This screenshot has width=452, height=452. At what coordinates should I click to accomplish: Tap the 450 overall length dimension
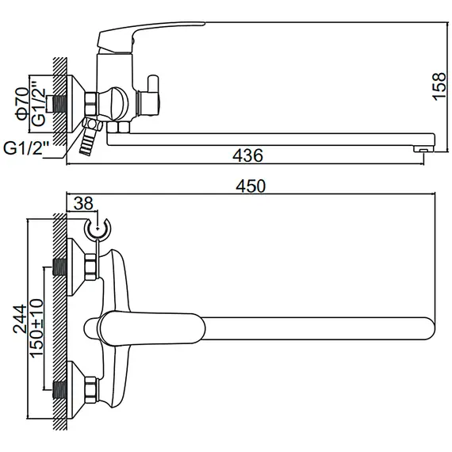click(251, 186)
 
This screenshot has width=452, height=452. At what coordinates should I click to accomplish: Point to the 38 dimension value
click(82, 203)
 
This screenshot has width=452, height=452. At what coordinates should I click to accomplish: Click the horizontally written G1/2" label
click(26, 147)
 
